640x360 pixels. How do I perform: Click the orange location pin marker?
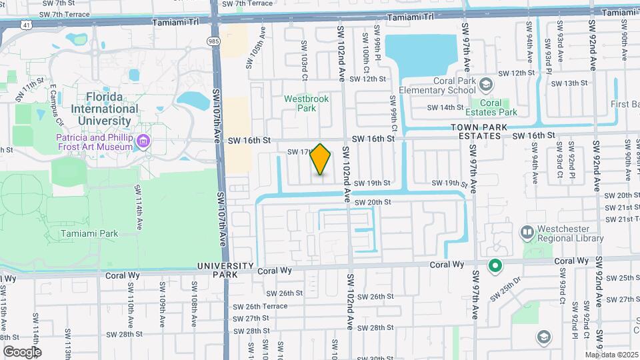coord(321,159)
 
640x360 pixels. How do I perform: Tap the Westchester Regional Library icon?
coord(527,233)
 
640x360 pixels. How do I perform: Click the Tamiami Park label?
coord(89,233)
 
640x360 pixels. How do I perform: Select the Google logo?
coord(22,351)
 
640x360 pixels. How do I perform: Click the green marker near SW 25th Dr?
coord(495,267)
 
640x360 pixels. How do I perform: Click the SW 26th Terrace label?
coord(260,307)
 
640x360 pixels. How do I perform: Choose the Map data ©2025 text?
coord(611,355)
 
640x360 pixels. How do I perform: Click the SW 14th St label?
coord(445,107)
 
